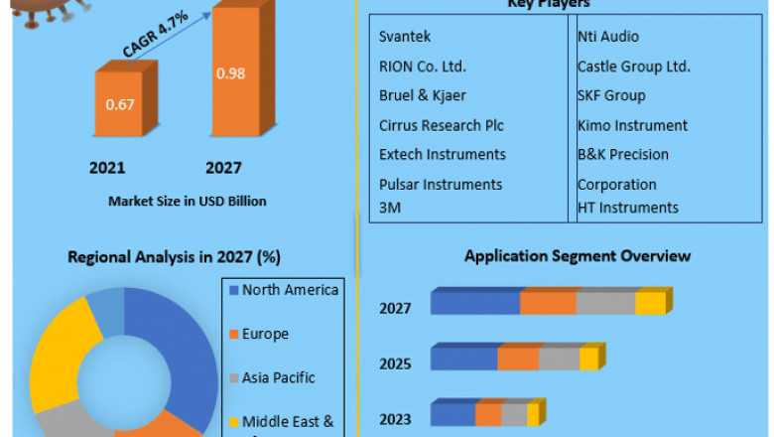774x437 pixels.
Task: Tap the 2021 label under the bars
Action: tap(107, 168)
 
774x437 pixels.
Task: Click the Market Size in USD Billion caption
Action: tap(188, 201)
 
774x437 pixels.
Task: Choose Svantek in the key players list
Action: tap(404, 37)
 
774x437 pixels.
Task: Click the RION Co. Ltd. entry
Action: tap(423, 67)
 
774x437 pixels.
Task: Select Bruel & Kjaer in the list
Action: tap(423, 95)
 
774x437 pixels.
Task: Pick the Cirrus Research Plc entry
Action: tap(442, 125)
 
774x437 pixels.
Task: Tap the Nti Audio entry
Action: tap(608, 37)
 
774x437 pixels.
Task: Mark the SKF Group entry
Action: tap(611, 95)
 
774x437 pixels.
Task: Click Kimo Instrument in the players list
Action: tap(632, 125)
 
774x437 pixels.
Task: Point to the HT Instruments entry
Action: tap(628, 208)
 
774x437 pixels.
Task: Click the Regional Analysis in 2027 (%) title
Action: tap(174, 257)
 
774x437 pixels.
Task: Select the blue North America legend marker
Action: tap(233, 291)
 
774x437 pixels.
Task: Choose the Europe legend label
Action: tap(265, 334)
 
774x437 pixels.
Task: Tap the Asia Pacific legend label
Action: tap(278, 377)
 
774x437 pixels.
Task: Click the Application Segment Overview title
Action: tap(578, 256)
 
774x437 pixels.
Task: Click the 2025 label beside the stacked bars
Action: tap(395, 364)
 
